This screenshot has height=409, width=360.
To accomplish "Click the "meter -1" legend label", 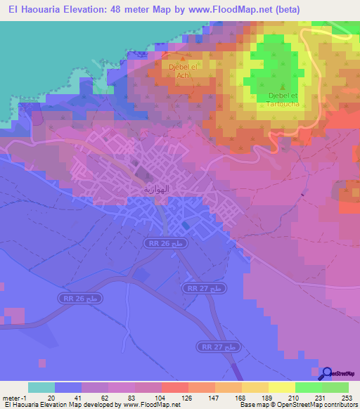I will (x=13, y=397).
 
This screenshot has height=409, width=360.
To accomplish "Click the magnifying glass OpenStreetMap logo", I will (x=327, y=373).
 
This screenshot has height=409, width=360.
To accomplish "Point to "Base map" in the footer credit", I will (x=251, y=405).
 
